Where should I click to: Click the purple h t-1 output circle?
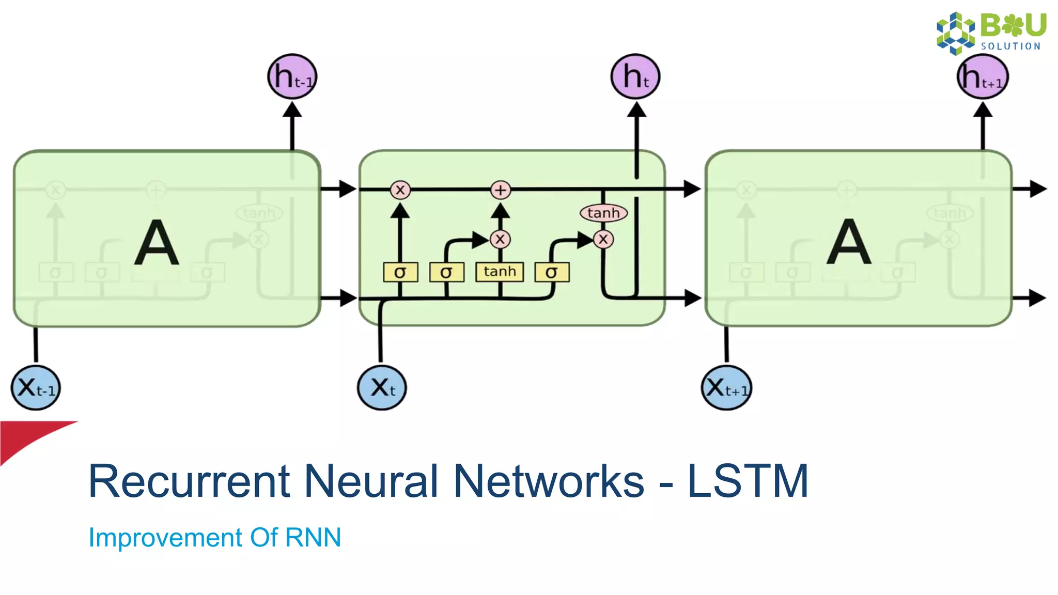point(292,76)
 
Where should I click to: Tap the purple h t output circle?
point(635,76)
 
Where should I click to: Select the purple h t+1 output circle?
point(983,76)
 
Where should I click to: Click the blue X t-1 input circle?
point(36,388)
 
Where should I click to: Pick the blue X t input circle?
point(382,388)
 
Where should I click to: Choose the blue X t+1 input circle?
point(727,388)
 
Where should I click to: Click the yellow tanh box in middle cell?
point(500,272)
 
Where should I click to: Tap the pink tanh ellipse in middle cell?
point(603,213)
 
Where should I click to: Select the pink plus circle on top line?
point(500,190)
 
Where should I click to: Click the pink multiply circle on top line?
point(400,190)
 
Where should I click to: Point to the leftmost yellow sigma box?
point(400,272)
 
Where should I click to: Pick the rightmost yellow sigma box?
point(552,272)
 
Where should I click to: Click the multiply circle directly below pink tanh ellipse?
point(603,240)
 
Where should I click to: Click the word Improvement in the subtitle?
point(165,538)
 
